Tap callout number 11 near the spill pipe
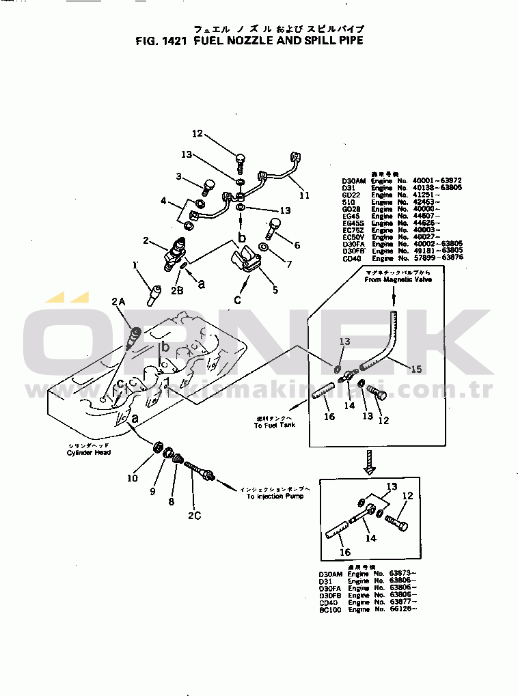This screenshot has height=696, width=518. [305, 195]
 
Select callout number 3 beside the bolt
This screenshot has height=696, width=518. [179, 177]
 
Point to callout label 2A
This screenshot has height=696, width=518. [119, 301]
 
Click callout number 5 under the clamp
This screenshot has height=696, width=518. [275, 290]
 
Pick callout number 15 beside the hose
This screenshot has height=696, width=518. [416, 369]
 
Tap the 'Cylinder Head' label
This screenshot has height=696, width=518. [89, 453]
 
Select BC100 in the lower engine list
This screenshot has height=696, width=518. [331, 609]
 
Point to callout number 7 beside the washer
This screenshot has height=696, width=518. [289, 264]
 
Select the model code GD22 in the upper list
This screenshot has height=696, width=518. [350, 194]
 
